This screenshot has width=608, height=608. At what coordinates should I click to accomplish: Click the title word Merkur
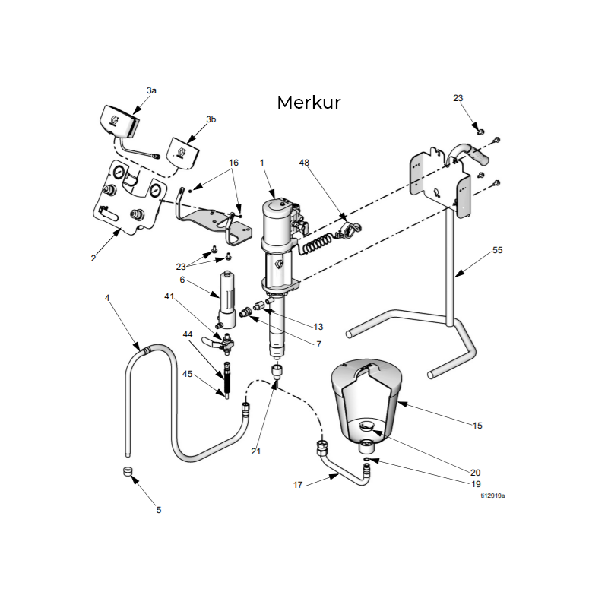[309, 103]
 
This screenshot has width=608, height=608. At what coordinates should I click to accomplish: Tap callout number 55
[498, 249]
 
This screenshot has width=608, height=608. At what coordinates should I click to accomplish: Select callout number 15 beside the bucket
[477, 426]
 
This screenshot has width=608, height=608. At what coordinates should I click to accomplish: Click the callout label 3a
[151, 90]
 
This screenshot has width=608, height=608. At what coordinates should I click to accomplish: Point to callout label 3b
[211, 119]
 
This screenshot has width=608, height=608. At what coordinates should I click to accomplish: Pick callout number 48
[304, 163]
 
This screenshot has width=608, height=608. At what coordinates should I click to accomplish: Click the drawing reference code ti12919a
[492, 495]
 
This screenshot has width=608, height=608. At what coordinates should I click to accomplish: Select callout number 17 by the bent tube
[299, 483]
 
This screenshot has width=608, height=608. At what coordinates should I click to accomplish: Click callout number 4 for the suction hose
[107, 298]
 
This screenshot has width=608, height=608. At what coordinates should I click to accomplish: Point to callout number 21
[256, 451]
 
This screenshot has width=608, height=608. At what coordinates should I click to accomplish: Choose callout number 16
[234, 163]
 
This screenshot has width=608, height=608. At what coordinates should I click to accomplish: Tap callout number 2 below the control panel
[93, 258]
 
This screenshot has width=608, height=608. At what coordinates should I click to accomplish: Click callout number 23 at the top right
[458, 98]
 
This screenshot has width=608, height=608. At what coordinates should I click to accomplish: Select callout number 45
[188, 373]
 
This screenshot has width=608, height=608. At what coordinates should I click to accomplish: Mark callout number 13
[318, 326]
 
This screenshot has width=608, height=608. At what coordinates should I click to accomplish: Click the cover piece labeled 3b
[182, 150]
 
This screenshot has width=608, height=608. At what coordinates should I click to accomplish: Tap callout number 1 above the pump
[261, 163]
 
